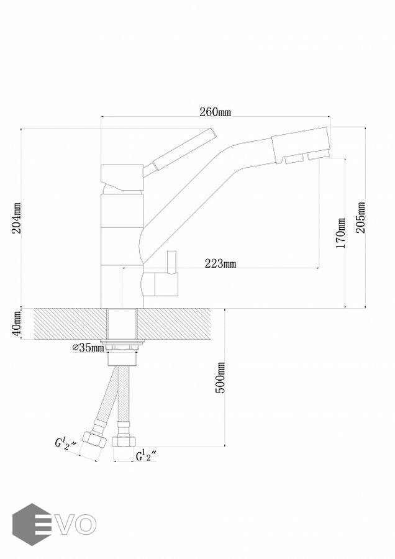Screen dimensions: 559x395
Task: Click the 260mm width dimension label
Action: click(215, 112)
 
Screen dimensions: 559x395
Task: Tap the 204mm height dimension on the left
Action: click(17, 218)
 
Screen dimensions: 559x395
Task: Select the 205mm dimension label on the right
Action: click(361, 218)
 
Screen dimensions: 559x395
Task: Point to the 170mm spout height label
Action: click(340, 233)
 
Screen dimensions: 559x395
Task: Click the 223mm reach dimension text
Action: click(220, 264)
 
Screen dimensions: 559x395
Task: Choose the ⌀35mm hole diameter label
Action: click(88, 348)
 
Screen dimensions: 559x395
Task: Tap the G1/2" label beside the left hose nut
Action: click(65, 445)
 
